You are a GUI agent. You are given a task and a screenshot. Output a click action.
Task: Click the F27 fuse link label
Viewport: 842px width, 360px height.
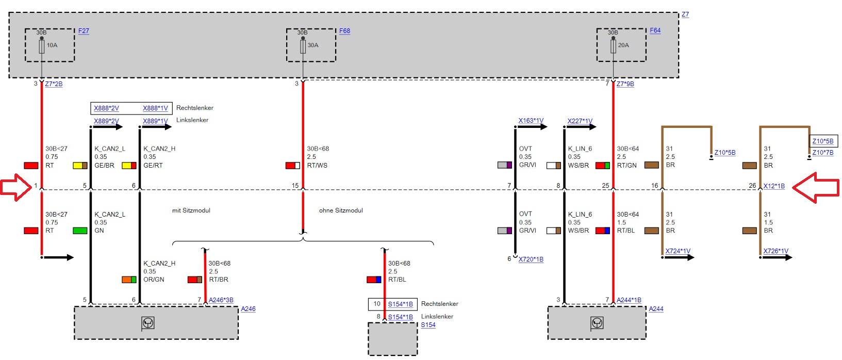(x=84, y=31)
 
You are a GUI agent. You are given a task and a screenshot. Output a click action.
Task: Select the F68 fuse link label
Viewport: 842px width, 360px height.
(x=344, y=31)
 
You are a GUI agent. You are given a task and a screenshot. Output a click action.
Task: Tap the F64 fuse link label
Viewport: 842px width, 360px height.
(x=655, y=30)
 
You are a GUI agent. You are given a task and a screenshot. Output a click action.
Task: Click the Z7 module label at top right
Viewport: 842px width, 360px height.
(x=685, y=14)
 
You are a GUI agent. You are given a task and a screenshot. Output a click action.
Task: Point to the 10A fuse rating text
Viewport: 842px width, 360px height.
(x=52, y=45)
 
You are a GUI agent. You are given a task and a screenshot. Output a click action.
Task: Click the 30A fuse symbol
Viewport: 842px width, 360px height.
(x=303, y=46)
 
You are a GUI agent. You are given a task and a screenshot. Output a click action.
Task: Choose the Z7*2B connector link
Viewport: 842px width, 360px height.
(x=54, y=84)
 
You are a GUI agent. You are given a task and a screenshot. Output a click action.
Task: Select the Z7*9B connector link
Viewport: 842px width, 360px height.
(x=625, y=84)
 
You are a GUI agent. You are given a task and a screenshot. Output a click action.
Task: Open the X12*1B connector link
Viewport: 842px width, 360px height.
(x=774, y=186)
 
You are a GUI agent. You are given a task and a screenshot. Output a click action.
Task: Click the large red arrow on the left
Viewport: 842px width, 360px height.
(x=16, y=187)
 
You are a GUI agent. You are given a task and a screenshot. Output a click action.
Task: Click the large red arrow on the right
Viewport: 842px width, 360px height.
(x=816, y=187)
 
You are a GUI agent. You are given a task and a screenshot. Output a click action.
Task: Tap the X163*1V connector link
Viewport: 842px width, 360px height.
(x=531, y=120)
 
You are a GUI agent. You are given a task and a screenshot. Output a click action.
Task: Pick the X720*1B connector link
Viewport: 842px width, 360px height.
(x=531, y=259)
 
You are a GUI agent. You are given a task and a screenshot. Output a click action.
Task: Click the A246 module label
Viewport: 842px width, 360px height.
(x=248, y=309)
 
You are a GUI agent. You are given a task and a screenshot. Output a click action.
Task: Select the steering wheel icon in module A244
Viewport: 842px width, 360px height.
(x=597, y=323)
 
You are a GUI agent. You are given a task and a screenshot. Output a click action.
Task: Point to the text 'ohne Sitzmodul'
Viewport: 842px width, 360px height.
(x=341, y=210)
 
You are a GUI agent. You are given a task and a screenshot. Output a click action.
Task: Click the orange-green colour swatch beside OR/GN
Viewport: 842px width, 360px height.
(x=129, y=280)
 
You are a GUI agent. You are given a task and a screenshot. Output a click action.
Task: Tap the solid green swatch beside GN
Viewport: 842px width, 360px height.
(x=80, y=231)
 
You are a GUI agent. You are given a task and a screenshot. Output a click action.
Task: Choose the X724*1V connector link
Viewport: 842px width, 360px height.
(x=678, y=251)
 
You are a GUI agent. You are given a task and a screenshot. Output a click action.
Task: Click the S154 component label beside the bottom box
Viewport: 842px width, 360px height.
(x=428, y=325)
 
